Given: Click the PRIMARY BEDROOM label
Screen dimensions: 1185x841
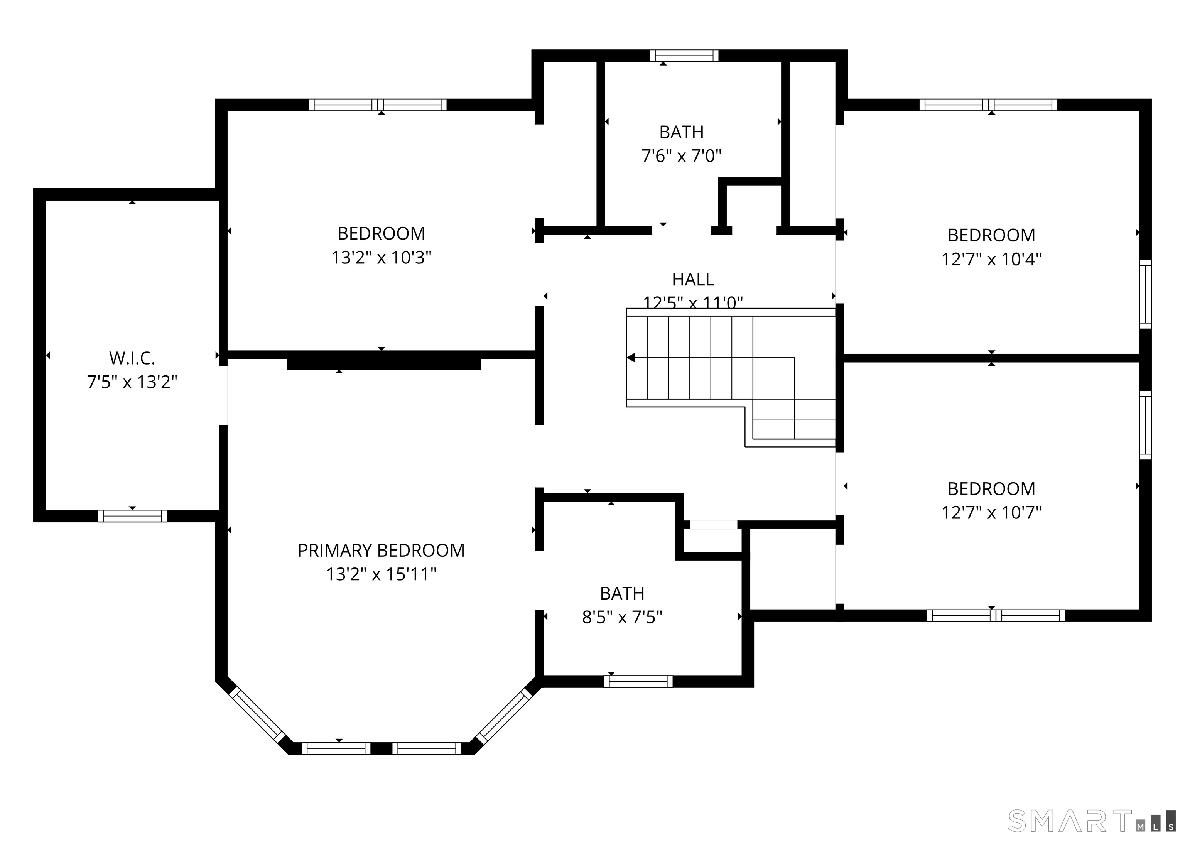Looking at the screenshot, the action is (381, 551).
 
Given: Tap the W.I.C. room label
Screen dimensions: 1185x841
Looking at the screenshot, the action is (132, 358).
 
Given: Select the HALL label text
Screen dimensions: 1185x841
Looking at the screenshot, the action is (693, 280).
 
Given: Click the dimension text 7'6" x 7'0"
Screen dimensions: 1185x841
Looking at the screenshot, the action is (681, 156).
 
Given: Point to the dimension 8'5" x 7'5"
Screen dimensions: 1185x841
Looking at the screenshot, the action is (622, 617).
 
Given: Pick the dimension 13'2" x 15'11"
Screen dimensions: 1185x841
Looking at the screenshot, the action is (381, 574).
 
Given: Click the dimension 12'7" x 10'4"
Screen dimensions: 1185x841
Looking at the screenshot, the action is (991, 259).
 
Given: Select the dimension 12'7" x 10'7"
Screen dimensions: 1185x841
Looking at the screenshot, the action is (991, 513).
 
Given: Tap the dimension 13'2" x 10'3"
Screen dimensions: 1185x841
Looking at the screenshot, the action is (381, 257).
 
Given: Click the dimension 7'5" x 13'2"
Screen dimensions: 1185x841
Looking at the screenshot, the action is (132, 382).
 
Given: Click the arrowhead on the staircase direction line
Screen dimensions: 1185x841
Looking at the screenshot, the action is (631, 358).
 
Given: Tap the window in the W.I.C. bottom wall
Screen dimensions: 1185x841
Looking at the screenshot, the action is (132, 516).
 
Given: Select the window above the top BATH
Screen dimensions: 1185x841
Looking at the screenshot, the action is (684, 56).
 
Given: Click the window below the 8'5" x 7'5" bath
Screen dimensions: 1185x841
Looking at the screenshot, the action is (638, 682).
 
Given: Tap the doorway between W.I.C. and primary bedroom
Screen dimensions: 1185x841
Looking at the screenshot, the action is (223, 396).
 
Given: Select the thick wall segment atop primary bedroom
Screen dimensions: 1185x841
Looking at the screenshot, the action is (383, 364).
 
